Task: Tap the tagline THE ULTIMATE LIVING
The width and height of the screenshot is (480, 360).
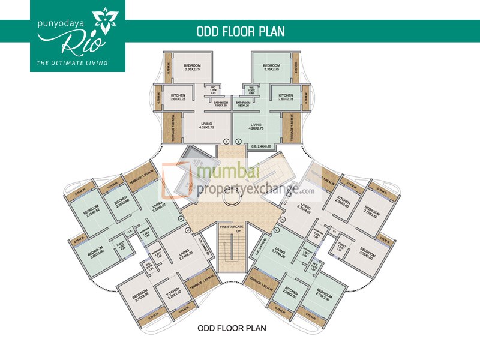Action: (77, 62)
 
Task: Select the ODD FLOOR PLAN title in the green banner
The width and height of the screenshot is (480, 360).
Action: (240, 31)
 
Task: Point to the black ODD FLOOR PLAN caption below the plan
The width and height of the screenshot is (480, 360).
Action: (232, 328)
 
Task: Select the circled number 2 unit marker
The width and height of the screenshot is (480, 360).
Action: (238, 141)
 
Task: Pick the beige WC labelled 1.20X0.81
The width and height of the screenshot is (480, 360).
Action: (213, 92)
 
